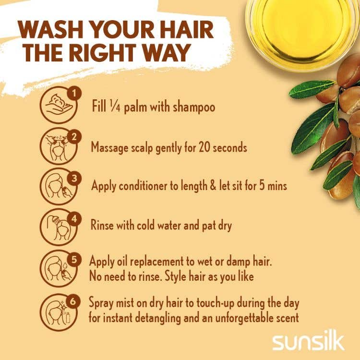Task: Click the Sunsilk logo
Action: [308, 343]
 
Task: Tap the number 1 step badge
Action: [74, 94]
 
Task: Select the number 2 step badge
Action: [74, 137]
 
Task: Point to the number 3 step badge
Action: [74, 178]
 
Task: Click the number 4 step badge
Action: [74, 219]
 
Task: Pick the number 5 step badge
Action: [74, 259]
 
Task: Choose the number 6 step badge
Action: [73, 301]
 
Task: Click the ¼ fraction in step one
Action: [115, 107]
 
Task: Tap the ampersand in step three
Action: [213, 186]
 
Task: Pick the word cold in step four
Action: [146, 225]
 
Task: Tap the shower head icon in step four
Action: [55, 220]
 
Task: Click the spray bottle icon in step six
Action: [68, 317]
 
